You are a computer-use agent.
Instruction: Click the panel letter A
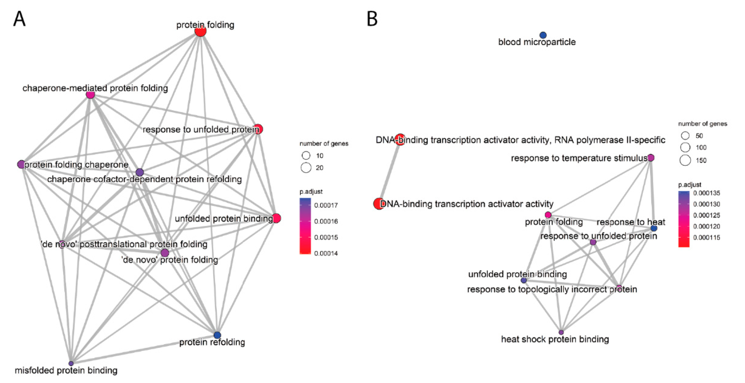click(19, 19)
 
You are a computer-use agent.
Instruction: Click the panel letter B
click(372, 19)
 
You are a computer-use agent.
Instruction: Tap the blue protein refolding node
click(217, 335)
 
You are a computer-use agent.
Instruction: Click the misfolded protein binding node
click(71, 363)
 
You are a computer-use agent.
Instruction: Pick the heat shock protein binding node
click(561, 332)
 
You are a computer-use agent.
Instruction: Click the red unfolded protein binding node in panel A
click(276, 218)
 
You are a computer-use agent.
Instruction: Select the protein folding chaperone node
click(21, 164)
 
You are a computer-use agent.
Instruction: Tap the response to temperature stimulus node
click(651, 158)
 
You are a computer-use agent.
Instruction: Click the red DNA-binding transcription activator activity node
click(379, 204)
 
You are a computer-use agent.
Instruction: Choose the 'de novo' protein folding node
click(165, 253)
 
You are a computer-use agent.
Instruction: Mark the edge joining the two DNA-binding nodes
click(389, 172)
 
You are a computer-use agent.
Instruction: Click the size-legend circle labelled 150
click(685, 160)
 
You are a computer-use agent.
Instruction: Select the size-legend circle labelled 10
click(306, 155)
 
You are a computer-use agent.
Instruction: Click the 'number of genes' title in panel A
click(324, 144)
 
